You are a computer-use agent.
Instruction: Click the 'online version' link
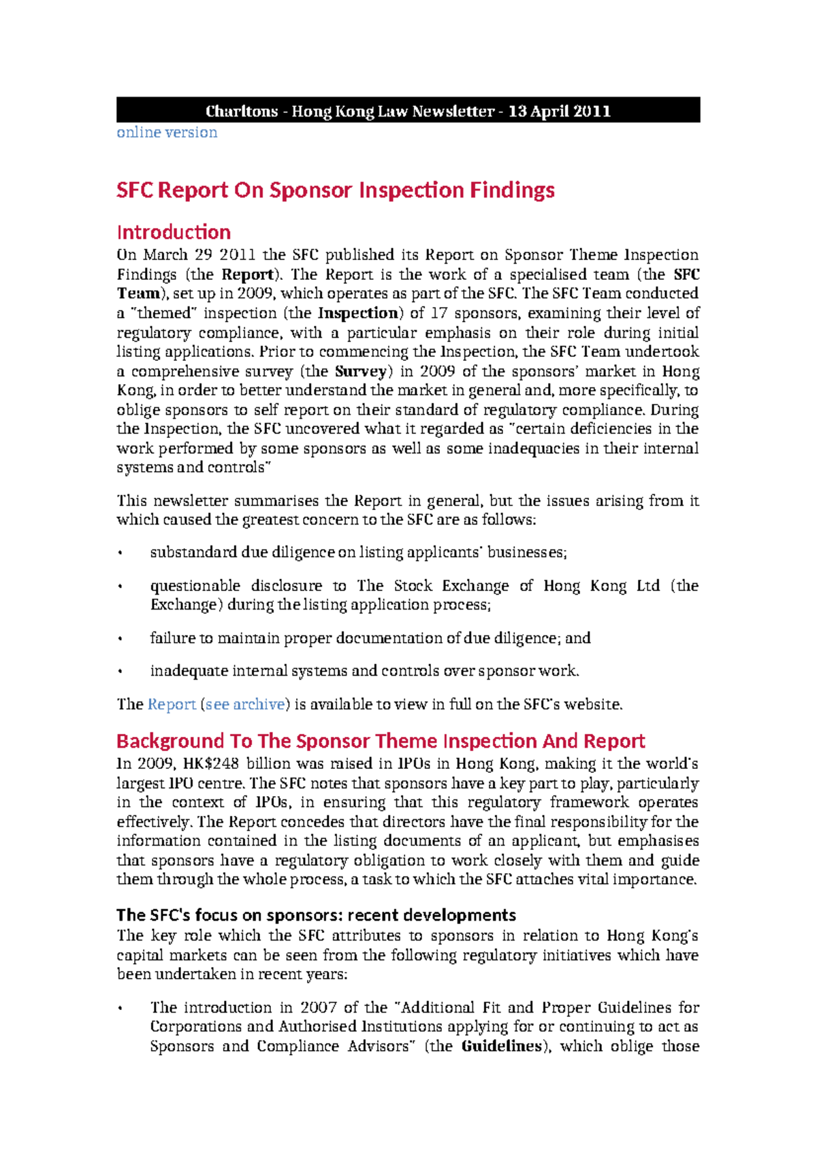pos(167,132)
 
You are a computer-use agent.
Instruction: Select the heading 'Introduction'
pos(174,232)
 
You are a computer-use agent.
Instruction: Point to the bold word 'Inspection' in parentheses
pos(358,313)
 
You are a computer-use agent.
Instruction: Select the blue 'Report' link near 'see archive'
pos(172,704)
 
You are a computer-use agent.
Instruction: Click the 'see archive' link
pos(245,704)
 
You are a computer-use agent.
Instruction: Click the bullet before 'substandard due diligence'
pos(121,553)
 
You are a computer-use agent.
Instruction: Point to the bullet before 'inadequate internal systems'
pos(121,671)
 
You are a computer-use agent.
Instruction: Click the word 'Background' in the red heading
pos(170,741)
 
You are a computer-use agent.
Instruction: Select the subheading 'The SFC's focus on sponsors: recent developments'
pos(316,915)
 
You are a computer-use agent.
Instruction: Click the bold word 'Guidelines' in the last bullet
pos(501,1046)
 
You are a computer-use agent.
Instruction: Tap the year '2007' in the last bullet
pos(319,1007)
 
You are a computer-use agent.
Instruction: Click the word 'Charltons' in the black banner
pos(242,111)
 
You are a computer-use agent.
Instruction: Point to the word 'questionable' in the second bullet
pos(195,586)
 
